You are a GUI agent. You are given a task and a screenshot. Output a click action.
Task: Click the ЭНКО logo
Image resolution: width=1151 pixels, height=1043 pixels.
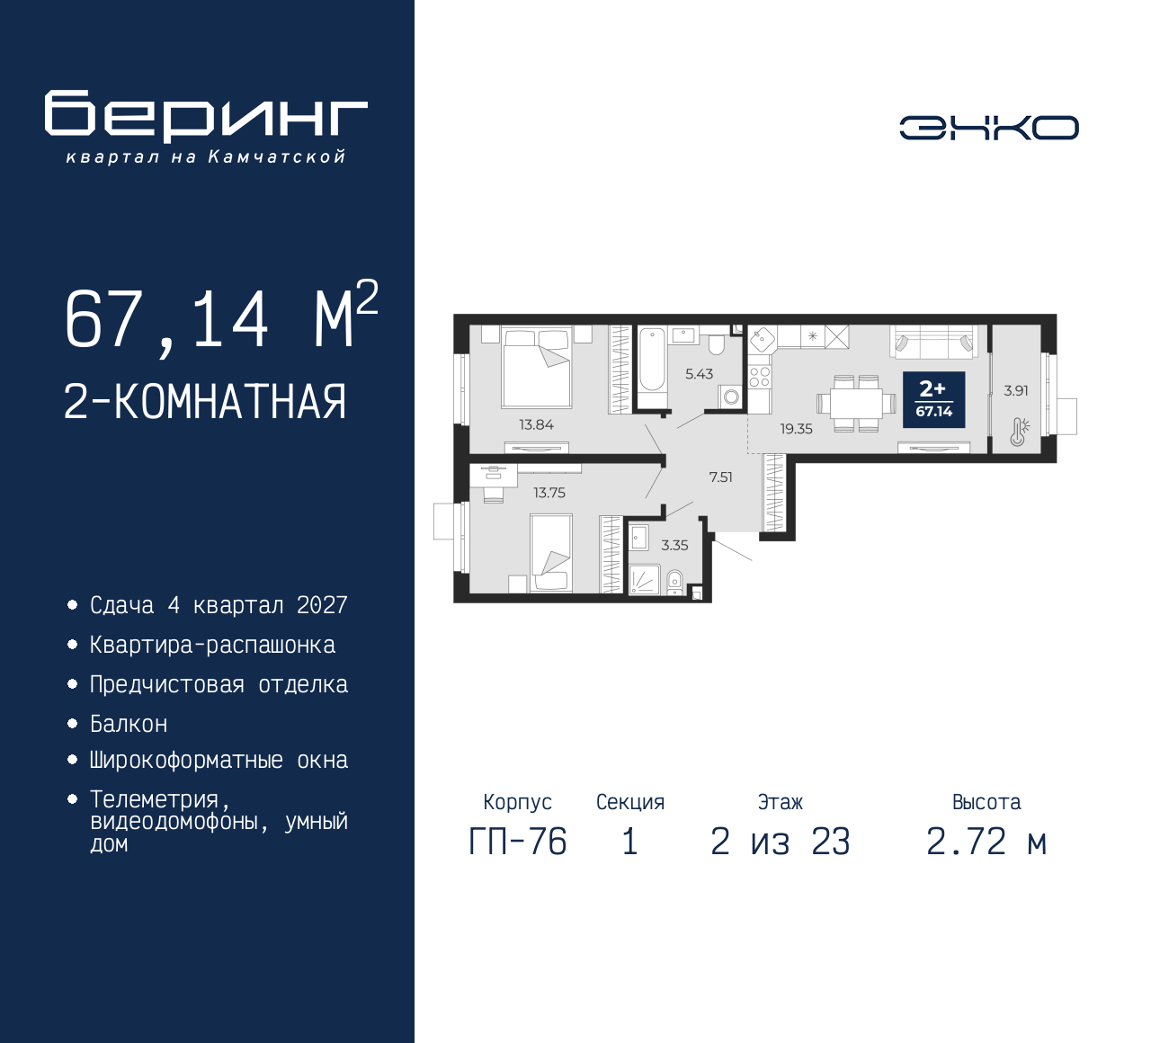point(988,128)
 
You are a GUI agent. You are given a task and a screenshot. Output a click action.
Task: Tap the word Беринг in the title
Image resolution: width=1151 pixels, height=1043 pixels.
point(206,116)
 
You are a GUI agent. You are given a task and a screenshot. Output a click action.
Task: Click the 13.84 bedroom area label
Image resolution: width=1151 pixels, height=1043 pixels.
point(536,424)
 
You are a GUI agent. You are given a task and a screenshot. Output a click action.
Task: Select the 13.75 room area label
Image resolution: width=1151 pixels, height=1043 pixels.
point(549,493)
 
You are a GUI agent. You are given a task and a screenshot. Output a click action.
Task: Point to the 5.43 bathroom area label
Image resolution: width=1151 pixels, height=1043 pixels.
point(699,374)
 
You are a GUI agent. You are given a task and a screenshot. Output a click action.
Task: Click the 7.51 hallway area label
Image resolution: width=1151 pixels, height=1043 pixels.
point(720,477)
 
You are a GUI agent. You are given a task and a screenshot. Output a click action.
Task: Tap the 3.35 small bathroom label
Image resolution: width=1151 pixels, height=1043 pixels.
point(674,545)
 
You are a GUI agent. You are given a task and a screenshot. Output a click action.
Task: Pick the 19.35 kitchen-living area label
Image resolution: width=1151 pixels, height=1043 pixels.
point(796,429)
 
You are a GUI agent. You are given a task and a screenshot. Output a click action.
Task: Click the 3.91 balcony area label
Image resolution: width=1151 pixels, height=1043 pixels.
point(1015,390)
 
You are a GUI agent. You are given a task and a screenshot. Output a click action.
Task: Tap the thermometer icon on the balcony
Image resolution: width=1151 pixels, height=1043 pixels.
point(1018,432)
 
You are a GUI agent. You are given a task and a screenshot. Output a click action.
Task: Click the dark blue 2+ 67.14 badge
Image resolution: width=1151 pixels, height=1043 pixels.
point(933,399)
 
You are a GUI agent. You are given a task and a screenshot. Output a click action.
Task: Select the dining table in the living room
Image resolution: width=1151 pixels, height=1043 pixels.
point(856,404)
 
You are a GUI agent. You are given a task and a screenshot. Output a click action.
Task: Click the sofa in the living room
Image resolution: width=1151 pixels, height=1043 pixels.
point(932,343)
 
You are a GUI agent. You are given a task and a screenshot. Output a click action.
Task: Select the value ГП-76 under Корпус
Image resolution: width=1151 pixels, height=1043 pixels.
point(518,842)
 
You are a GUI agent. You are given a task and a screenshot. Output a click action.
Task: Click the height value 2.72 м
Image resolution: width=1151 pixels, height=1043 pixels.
point(986,842)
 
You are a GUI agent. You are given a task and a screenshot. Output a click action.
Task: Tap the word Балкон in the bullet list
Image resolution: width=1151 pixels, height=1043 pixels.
point(129,724)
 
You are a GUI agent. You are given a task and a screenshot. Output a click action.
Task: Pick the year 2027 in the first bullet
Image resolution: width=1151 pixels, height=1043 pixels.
point(322,605)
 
